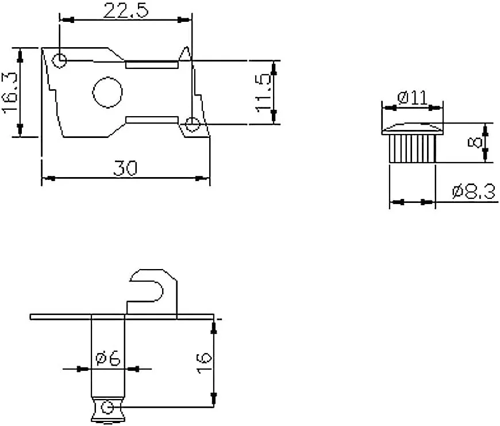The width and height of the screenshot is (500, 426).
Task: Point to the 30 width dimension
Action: point(125,168)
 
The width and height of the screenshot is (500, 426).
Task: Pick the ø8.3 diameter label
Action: point(474,191)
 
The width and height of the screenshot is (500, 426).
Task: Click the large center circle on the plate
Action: point(108,92)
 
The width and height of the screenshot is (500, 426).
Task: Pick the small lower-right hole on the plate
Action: point(193,123)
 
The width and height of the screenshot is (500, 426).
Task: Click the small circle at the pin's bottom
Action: point(106,408)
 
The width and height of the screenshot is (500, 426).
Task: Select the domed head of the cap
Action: point(414,128)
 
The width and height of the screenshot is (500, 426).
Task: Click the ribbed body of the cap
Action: point(413,148)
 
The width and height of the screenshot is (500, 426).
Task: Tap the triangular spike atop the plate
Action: point(186,53)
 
